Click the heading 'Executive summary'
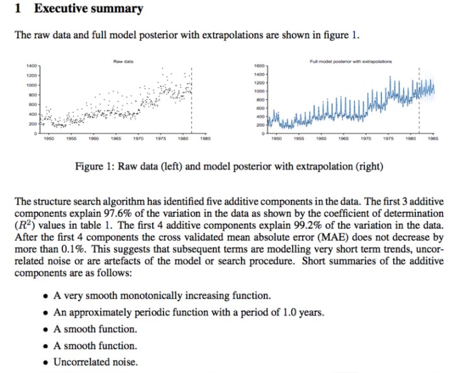click(88, 9)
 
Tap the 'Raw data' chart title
click(122, 61)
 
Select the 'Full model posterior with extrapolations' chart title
click(351, 62)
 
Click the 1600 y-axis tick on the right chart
click(258, 65)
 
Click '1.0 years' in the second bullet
click(304, 312)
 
